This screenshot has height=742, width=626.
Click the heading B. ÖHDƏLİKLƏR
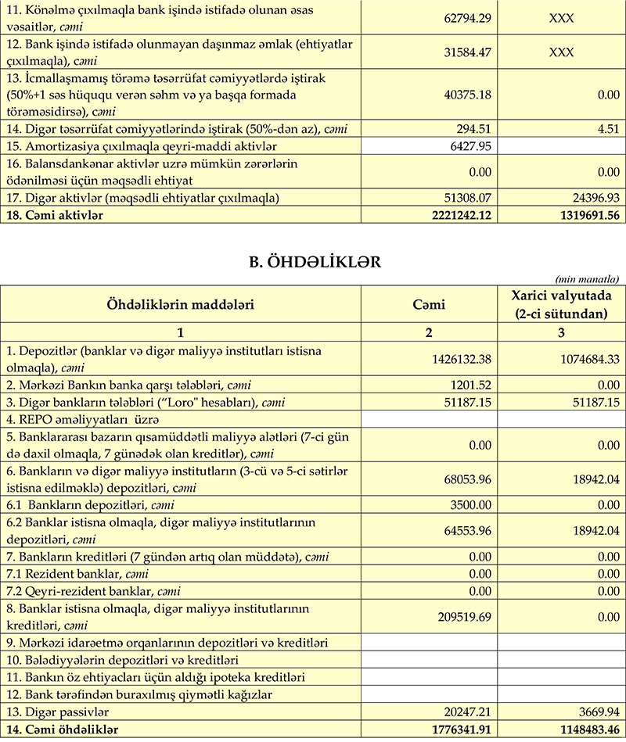pos(313,263)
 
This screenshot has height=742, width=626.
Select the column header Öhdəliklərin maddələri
pos(181,304)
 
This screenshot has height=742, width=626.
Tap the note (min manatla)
pos(586,279)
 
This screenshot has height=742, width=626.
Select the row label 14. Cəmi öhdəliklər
pos(62,729)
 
